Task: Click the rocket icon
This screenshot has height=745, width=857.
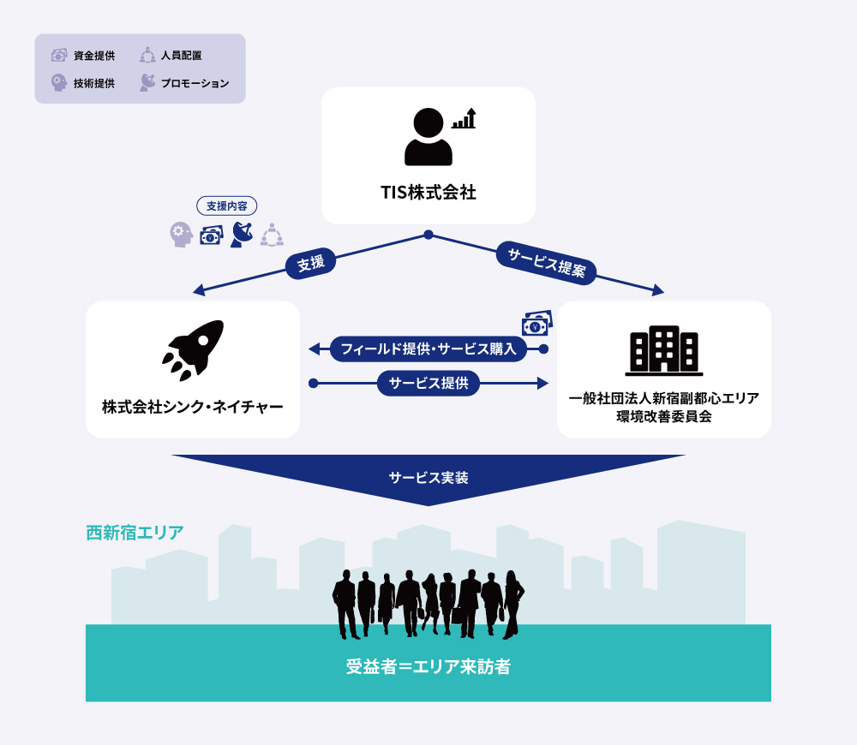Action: click(x=192, y=350)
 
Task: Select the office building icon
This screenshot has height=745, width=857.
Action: click(x=664, y=350)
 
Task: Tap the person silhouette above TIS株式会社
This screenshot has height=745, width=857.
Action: click(x=428, y=136)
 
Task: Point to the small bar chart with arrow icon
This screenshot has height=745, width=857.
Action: click(x=464, y=118)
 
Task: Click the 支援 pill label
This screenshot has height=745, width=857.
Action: click(x=310, y=263)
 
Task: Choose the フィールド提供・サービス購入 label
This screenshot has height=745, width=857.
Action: click(x=428, y=349)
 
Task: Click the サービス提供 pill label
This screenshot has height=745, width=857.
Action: click(x=428, y=384)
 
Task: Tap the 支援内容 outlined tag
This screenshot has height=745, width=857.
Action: click(x=227, y=206)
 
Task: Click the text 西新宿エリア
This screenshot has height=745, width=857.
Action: click(x=135, y=533)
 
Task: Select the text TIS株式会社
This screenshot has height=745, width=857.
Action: click(x=428, y=193)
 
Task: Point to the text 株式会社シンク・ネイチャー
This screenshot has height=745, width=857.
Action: click(x=192, y=407)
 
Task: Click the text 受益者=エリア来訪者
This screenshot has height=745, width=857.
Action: click(x=428, y=666)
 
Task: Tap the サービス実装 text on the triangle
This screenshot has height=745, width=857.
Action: click(x=428, y=478)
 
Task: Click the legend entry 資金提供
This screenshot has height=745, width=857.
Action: click(x=83, y=55)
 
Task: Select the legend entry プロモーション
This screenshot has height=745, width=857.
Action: click(x=184, y=83)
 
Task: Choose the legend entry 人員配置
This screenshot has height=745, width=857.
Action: click(x=171, y=55)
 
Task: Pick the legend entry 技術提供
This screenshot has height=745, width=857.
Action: click(x=83, y=83)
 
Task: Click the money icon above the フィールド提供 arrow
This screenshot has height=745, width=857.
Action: click(x=537, y=323)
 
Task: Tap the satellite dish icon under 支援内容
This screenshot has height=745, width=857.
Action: click(x=242, y=235)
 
